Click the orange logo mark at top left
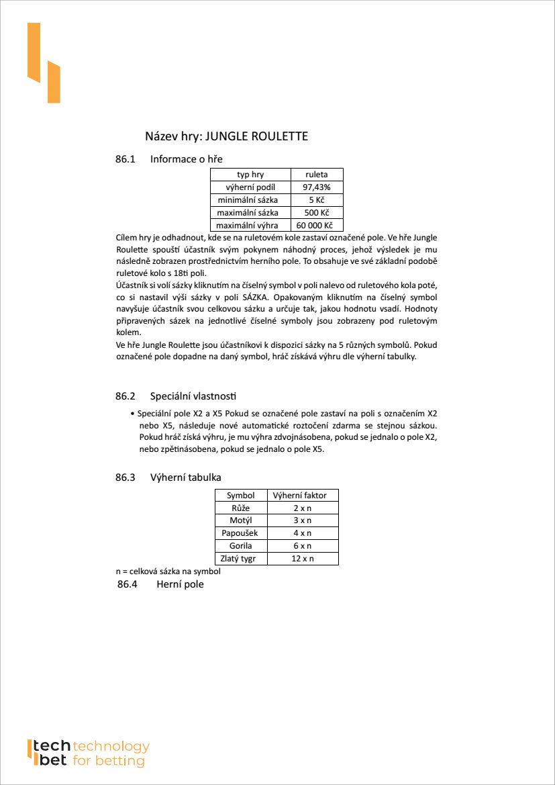(43, 63)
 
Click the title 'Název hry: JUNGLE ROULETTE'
(226, 136)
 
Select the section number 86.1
(125, 159)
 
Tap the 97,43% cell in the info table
(317, 187)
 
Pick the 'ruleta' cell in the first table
(317, 175)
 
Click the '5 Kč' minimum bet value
(317, 200)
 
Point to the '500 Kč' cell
(317, 213)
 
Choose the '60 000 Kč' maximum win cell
(317, 226)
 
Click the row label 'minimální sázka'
(250, 200)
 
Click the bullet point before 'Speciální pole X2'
(132, 414)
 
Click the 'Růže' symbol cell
(241, 508)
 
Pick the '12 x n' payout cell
(303, 559)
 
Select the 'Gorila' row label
(241, 546)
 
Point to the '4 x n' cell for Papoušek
(303, 533)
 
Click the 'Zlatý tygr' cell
(241, 559)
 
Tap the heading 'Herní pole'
(180, 584)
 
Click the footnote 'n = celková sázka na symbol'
(168, 571)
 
